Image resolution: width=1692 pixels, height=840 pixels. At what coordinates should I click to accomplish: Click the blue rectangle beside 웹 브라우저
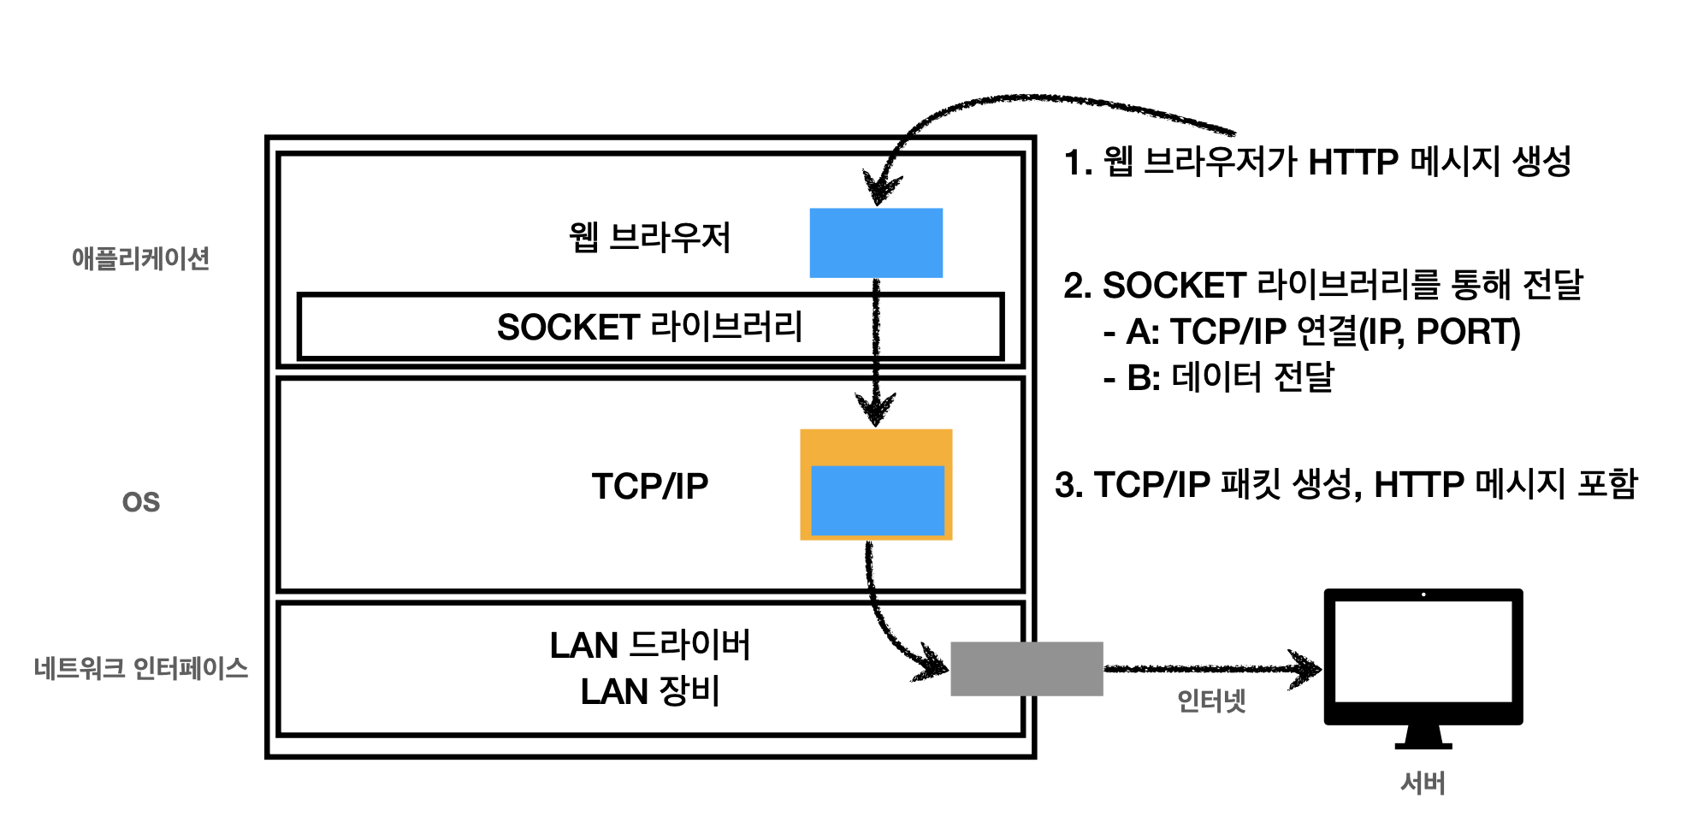pos(876,243)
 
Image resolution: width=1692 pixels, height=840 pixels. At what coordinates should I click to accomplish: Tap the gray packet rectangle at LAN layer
pos(1026,668)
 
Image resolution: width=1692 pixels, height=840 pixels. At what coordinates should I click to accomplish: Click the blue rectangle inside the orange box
pos(877,500)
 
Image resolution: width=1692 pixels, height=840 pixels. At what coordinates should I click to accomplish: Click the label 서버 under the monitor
pos(1423,783)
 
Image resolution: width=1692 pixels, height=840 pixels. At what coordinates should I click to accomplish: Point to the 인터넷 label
pos(1211,701)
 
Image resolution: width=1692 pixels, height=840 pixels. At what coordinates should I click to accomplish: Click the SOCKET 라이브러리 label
pos(649,327)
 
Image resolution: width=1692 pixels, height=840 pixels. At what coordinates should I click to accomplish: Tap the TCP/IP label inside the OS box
pos(649,486)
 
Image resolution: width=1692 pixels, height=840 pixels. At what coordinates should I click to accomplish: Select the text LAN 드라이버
pos(649,645)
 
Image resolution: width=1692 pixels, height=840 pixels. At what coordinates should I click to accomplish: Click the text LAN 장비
pos(649,691)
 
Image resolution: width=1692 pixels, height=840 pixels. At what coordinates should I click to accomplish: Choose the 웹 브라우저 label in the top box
pos(649,237)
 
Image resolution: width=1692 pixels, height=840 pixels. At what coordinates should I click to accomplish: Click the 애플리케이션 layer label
pos(140,258)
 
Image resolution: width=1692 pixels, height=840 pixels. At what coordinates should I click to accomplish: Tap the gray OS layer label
pos(140,502)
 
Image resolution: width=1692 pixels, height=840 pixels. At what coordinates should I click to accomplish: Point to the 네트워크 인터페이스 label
pos(140,668)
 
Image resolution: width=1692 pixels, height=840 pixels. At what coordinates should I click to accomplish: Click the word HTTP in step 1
pos(1352,162)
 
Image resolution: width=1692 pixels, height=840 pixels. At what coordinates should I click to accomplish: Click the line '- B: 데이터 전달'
pos(1219,377)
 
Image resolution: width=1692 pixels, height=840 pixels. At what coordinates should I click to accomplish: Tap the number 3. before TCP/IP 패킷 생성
pos(1068,485)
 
